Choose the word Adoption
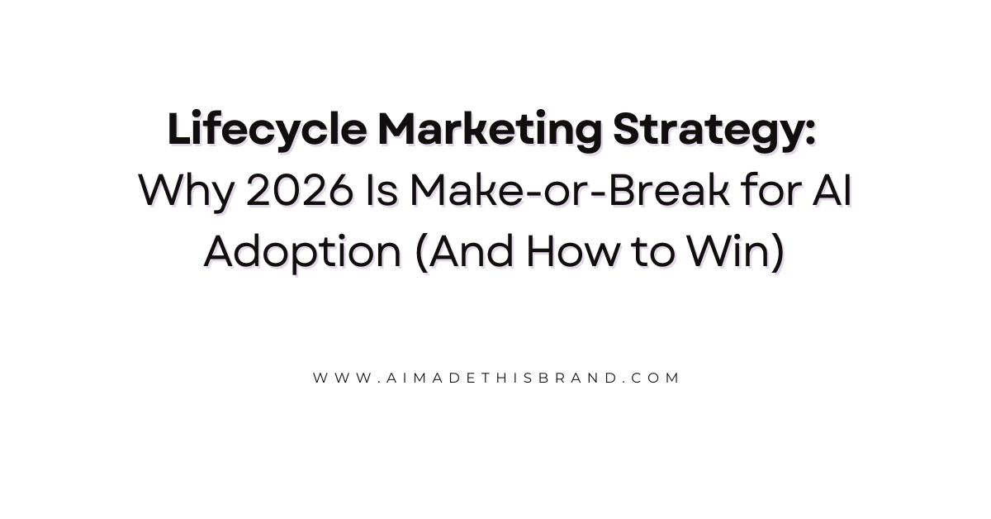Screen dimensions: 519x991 302,253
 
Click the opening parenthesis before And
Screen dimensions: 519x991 420,253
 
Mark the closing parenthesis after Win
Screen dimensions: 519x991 777,253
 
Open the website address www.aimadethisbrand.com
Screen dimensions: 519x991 496,378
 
